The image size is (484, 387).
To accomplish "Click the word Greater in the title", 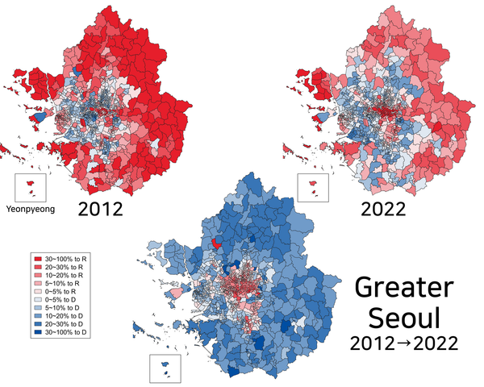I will click(x=405, y=289).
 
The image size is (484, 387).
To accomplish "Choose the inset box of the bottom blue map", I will click(x=165, y=368).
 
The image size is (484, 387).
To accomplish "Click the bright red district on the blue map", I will click(x=216, y=243).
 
